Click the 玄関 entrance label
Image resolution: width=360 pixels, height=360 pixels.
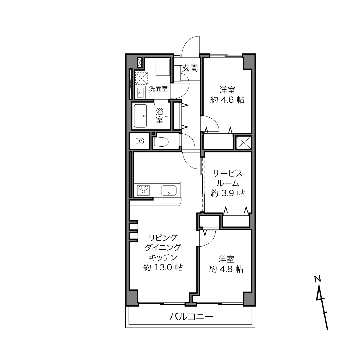point(190,68)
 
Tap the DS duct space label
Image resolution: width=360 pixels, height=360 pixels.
point(140,141)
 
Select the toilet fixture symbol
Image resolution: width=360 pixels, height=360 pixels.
point(161,142)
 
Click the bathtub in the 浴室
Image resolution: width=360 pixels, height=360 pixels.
point(140,116)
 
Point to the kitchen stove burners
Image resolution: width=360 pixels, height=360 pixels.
point(143,190)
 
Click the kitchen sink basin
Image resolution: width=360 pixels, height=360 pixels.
point(169,190)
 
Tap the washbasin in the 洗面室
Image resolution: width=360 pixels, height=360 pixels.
point(140,92)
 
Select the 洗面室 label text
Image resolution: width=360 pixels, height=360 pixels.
point(158,89)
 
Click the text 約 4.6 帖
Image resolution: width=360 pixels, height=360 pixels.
point(227,100)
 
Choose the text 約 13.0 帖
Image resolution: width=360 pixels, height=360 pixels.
point(163,267)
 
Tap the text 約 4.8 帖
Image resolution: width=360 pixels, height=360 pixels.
point(226,269)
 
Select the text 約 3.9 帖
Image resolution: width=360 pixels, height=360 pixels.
point(228,193)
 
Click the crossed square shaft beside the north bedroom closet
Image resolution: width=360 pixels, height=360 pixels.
point(244,143)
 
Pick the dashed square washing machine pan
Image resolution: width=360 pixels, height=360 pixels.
point(141,78)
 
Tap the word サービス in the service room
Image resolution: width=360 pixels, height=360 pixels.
point(228,174)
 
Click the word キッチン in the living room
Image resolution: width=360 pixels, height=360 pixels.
point(163,258)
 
